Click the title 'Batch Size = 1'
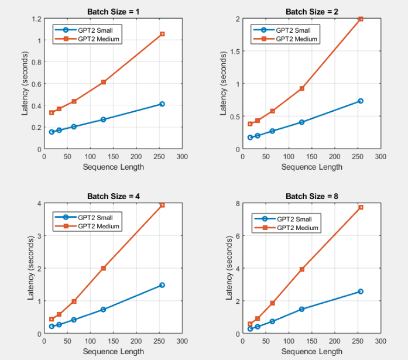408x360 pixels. [x=113, y=11]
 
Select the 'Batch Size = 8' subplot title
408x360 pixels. [x=311, y=196]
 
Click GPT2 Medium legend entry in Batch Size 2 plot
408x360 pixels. [x=296, y=39]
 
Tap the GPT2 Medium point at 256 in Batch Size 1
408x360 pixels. [x=162, y=34]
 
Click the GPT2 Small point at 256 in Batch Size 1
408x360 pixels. [x=162, y=104]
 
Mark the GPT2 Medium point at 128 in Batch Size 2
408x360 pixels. [x=302, y=88]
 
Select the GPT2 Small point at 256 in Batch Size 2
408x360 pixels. [x=361, y=101]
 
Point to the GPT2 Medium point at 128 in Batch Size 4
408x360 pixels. [x=104, y=268]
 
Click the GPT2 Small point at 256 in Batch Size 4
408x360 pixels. [x=162, y=285]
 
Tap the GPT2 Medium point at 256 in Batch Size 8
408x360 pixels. [x=361, y=207]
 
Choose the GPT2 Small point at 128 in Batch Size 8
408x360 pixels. [x=302, y=309]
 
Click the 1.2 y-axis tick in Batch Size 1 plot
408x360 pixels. [x=36, y=19]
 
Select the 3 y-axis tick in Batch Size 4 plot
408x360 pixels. [x=39, y=236]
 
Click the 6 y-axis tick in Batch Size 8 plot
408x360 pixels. [x=238, y=236]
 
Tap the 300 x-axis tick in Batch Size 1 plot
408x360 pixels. [x=182, y=157]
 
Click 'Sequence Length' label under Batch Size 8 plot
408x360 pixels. [x=311, y=351]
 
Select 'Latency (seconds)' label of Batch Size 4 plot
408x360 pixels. [x=30, y=268]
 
